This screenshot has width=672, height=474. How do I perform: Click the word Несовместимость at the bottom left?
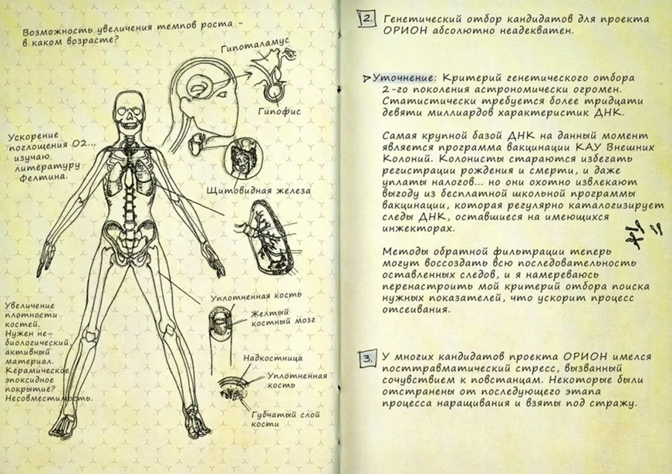[x=48, y=398]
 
